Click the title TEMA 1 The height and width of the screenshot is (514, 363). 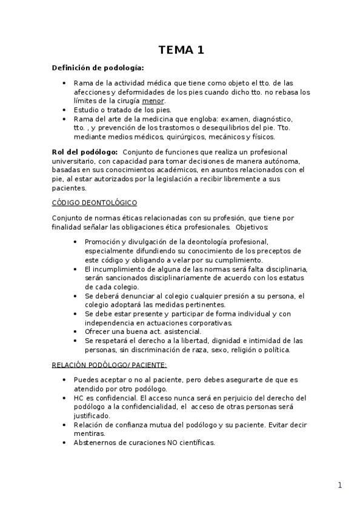tap(181, 50)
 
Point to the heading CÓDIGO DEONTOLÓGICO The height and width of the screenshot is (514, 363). tap(94, 202)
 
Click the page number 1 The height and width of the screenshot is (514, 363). tap(340, 485)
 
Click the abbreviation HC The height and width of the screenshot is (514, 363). tap(79, 398)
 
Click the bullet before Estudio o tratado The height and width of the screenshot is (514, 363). tap(65, 110)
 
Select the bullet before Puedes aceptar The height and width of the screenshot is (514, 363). tap(65, 379)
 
